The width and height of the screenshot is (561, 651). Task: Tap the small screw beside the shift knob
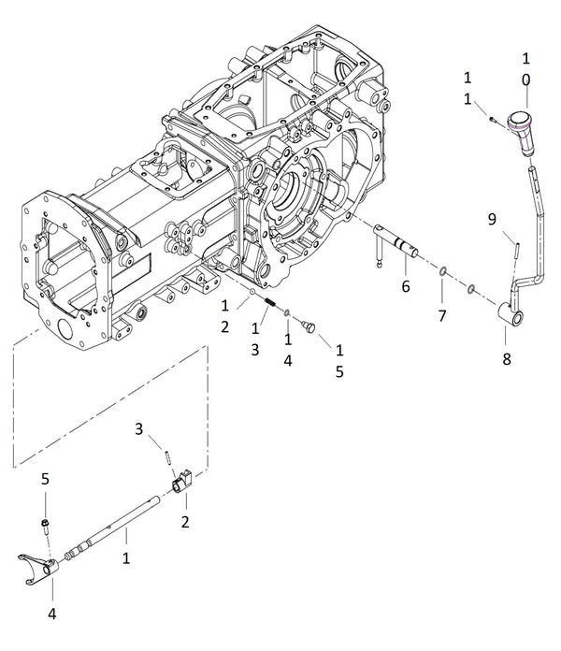tap(491, 119)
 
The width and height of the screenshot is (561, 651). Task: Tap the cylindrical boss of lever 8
tap(510, 315)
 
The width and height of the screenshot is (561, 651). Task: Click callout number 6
tap(405, 286)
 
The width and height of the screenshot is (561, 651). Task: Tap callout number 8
tap(506, 357)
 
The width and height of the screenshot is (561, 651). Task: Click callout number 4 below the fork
tap(52, 615)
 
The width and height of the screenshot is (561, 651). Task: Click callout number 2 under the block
tap(185, 522)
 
